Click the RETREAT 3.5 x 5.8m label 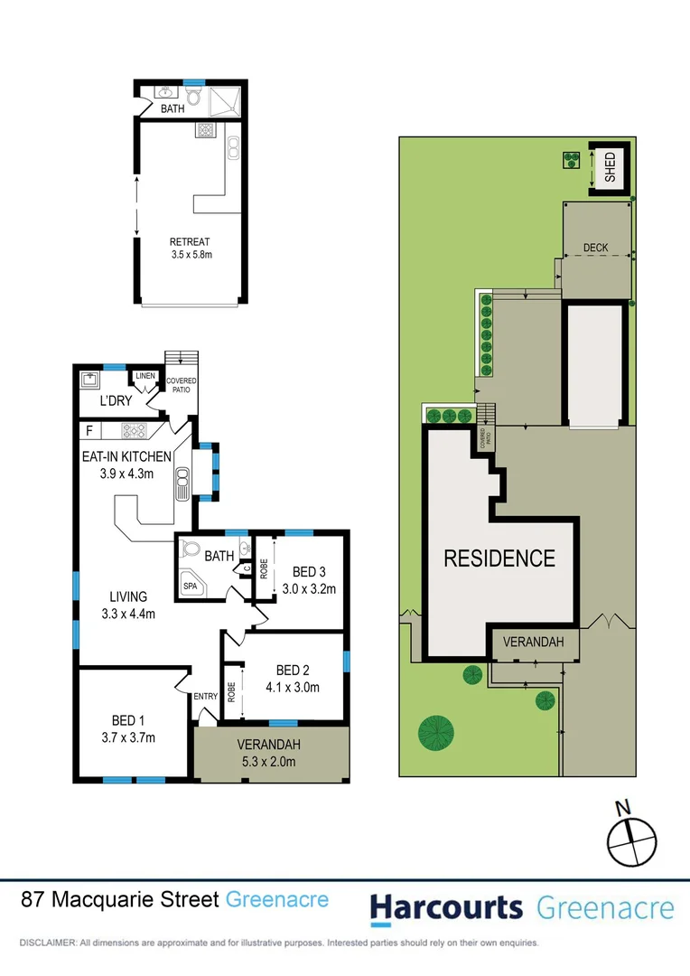coord(190,249)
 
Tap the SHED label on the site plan coord(610,168)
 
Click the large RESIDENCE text coord(499,558)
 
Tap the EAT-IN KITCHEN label coord(124,465)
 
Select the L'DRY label coord(116,400)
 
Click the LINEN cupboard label coord(145,376)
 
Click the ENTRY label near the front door coord(206,695)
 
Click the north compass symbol coord(629,837)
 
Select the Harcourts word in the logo coord(446,907)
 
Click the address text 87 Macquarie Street coord(120,899)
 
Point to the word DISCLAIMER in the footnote coord(47,943)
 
